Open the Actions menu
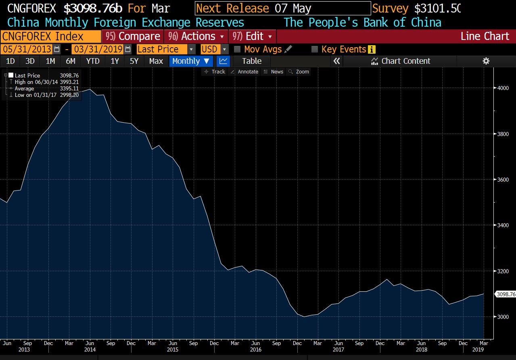tap(196, 36)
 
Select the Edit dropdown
tap(253, 36)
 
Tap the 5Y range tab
tap(134, 61)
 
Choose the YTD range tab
tap(93, 61)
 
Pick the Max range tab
tap(156, 61)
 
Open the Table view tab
tap(252, 61)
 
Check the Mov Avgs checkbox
tap(237, 49)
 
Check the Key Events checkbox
tap(315, 49)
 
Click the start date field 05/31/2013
tap(27, 49)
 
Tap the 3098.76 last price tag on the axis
tap(506, 294)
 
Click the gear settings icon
tap(486, 61)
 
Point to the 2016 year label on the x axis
tap(255, 350)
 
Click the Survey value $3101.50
tap(437, 8)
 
